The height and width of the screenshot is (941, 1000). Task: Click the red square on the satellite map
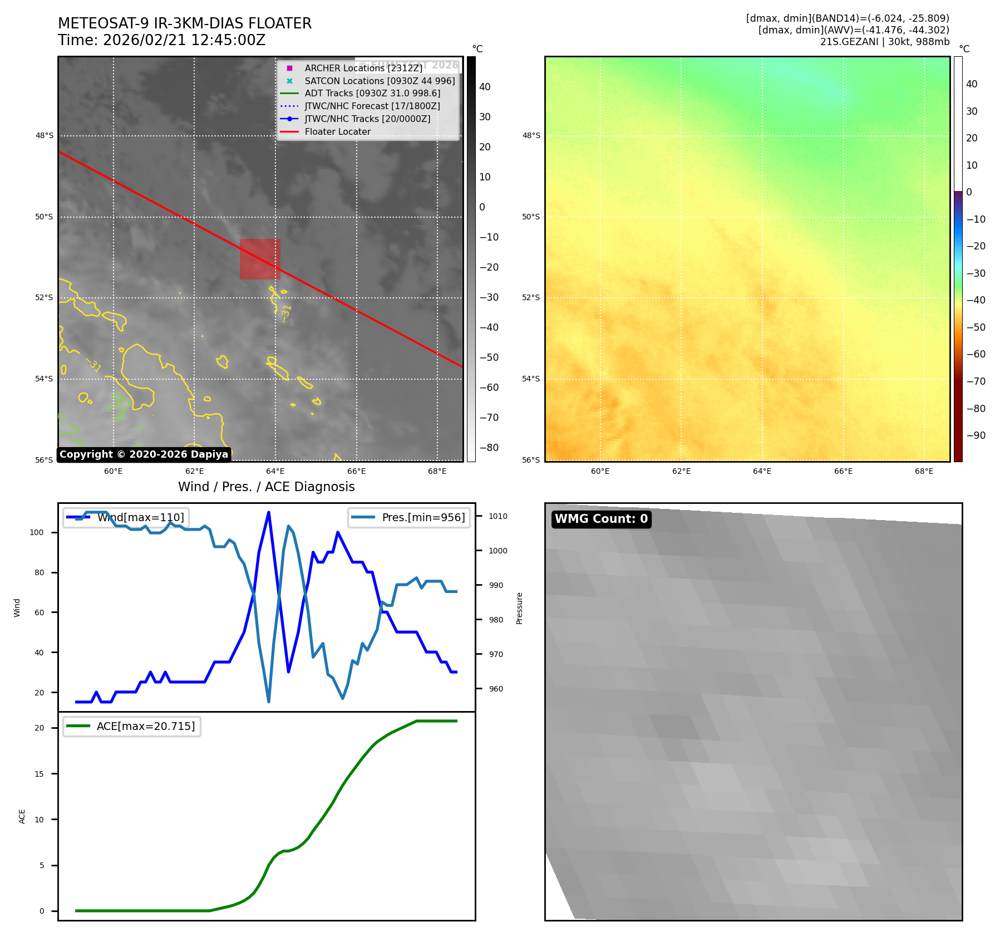coord(260,259)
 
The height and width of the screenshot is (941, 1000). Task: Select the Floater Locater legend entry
coord(337,132)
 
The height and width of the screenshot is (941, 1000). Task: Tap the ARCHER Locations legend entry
coord(363,68)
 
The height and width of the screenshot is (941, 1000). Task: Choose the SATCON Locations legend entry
coord(380,81)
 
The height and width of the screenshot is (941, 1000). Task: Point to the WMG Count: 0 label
coord(601,519)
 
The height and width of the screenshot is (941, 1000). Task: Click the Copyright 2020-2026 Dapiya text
coord(144,454)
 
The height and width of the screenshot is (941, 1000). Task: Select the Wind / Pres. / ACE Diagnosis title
coord(266,487)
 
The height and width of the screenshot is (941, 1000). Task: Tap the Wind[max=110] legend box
coord(126,517)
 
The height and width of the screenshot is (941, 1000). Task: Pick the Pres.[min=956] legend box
coord(409,517)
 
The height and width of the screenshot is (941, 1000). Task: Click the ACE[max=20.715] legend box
coord(132,727)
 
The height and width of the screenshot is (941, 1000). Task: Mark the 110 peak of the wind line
coord(269,512)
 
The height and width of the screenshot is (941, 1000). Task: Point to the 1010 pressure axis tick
coord(498,516)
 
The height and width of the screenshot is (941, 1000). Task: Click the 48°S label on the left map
coord(45,136)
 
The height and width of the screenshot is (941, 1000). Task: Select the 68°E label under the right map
coord(924,471)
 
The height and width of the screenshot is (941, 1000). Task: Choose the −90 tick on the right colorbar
coord(976,435)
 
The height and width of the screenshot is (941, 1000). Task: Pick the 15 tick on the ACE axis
coord(39,774)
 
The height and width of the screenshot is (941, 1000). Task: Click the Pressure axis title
coord(519,608)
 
